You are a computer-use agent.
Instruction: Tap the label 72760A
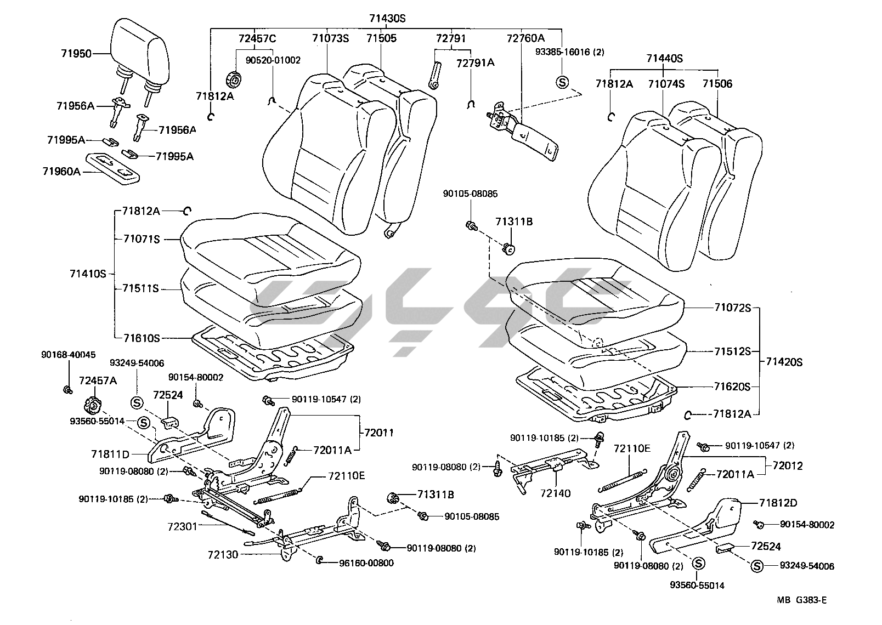pyautogui.click(x=525, y=38)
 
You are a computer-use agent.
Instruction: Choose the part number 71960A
pyautogui.click(x=61, y=172)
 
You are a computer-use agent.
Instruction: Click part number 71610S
pyautogui.click(x=141, y=338)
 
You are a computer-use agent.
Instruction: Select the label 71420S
pyautogui.click(x=784, y=362)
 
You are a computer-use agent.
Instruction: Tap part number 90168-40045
pyautogui.click(x=68, y=355)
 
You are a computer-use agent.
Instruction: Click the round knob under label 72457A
pyautogui.click(x=92, y=406)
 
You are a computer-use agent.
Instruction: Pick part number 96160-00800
pyautogui.click(x=366, y=563)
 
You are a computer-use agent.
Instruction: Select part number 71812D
pyautogui.click(x=778, y=503)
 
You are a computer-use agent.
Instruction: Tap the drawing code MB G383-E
pyautogui.click(x=801, y=599)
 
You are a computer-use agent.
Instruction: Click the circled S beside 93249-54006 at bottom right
pyautogui.click(x=757, y=566)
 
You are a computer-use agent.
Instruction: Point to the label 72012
pyautogui.click(x=788, y=466)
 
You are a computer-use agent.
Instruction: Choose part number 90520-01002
pyautogui.click(x=273, y=60)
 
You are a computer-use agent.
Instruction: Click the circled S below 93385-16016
pyautogui.click(x=562, y=83)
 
